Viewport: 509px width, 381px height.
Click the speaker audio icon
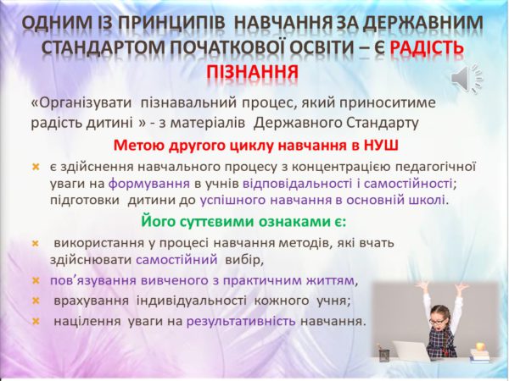(467, 79)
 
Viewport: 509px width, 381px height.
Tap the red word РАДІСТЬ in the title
(427, 47)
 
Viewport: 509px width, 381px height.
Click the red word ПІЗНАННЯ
(253, 72)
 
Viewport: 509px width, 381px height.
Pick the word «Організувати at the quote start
(81, 103)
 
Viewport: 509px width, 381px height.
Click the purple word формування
(149, 184)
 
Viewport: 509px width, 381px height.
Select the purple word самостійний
(176, 260)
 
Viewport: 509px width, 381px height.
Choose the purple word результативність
(241, 322)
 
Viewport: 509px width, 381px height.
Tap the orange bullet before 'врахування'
(36, 301)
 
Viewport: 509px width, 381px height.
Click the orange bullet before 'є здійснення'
(36, 167)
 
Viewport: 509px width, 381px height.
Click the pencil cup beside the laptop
(383, 354)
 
